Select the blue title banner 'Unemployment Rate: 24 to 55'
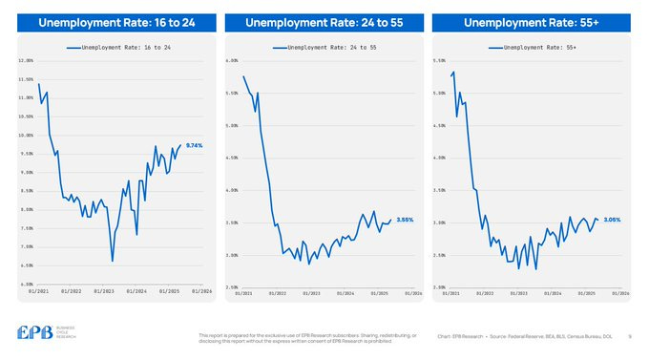click(x=323, y=23)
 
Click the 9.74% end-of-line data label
click(x=195, y=145)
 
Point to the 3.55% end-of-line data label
click(x=404, y=220)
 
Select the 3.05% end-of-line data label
click(x=612, y=220)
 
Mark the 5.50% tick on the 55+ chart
click(x=439, y=61)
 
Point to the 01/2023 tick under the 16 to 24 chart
click(x=102, y=290)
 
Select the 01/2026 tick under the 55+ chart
click(x=619, y=293)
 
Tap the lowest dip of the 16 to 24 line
click(x=113, y=261)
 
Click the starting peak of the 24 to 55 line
click(x=243, y=76)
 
